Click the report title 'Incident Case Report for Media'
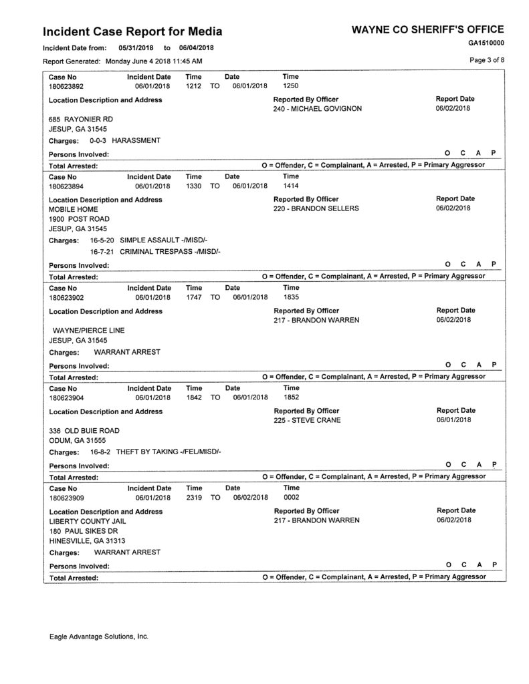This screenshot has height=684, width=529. point(132,31)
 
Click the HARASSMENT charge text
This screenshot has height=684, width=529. point(136,141)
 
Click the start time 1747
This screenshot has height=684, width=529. point(194,298)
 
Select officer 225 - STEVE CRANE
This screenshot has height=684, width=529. point(307,420)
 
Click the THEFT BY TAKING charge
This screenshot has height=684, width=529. point(169,452)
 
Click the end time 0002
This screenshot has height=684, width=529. point(291,498)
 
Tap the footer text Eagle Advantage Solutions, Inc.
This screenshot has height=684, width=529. point(98,637)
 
